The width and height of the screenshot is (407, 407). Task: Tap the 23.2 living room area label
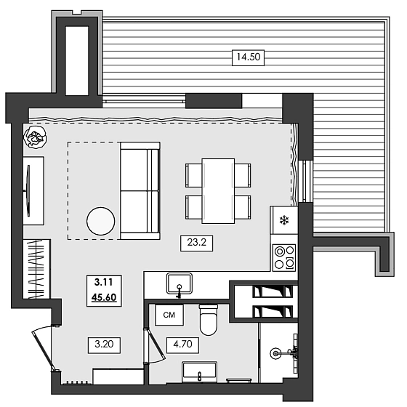point(196,245)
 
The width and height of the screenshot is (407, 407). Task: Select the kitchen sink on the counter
point(178,281)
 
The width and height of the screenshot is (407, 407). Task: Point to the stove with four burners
point(283,256)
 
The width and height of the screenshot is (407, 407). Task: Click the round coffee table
point(101,222)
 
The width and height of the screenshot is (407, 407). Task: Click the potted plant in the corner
point(34,136)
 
